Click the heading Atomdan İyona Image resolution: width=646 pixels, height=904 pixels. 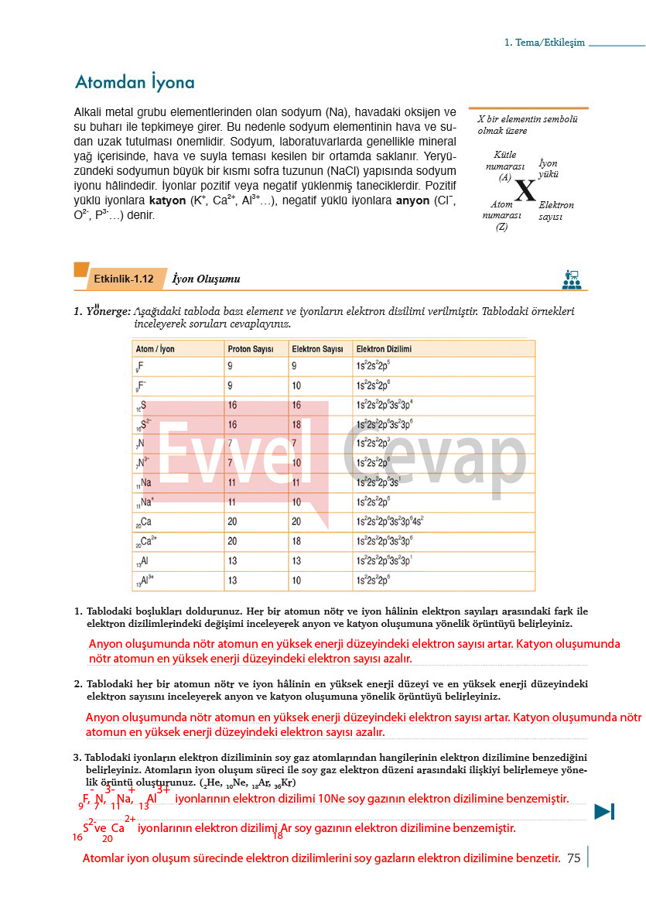(134, 83)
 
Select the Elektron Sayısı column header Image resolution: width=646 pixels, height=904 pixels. (317, 349)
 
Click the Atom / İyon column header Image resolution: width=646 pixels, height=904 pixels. (155, 349)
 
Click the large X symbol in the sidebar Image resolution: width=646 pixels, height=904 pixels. (525, 190)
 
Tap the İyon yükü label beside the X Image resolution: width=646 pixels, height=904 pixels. (549, 169)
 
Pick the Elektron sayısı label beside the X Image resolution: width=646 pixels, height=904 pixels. (556, 211)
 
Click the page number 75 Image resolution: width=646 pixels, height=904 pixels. (573, 858)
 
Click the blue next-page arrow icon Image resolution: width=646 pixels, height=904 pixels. (604, 811)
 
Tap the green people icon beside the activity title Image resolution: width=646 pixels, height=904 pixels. (572, 279)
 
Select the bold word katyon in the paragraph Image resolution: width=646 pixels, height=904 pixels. (167, 201)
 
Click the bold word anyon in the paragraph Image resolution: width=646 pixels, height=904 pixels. (412, 201)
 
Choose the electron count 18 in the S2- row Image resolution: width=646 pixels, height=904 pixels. (296, 425)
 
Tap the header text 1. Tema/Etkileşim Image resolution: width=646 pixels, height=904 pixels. (544, 43)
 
